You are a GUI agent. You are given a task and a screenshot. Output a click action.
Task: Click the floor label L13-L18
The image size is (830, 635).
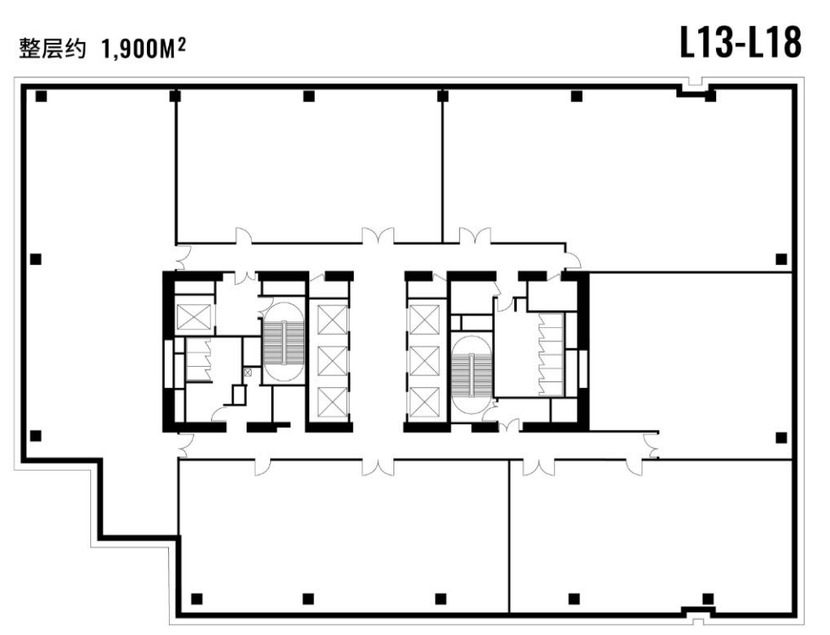click(x=740, y=42)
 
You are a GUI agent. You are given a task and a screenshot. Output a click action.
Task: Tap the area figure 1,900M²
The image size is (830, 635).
click(x=143, y=50)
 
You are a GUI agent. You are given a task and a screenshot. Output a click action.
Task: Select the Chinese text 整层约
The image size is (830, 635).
click(x=52, y=49)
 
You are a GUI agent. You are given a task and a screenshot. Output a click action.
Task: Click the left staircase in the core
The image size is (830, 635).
click(x=284, y=342)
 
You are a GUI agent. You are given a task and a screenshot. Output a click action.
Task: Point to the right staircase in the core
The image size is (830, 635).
click(x=471, y=375)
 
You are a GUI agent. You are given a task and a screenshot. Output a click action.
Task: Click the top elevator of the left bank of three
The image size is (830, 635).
click(x=332, y=320)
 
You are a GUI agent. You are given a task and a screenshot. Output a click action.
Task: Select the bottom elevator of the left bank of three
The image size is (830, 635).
click(x=332, y=402)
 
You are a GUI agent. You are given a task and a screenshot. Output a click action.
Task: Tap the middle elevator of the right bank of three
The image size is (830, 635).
click(x=425, y=361)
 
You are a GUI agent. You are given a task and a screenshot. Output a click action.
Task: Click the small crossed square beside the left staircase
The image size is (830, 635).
click(x=247, y=372)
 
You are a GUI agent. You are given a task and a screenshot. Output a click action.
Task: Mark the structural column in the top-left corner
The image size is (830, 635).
click(x=41, y=96)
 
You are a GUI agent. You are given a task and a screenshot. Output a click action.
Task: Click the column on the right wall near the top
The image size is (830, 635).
click(x=781, y=259)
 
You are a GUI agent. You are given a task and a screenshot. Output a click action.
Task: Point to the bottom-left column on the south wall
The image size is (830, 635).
click(x=197, y=599)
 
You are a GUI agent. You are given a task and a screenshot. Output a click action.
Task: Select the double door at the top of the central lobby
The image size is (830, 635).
click(x=378, y=236)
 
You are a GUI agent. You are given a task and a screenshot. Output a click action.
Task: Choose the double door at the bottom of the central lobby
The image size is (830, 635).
click(x=378, y=467)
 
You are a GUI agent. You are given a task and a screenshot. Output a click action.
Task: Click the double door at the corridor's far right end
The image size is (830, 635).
click(x=651, y=445)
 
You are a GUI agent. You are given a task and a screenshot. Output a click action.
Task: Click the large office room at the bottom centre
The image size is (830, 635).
click(x=344, y=536)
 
